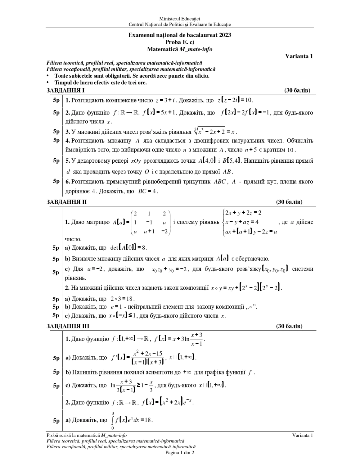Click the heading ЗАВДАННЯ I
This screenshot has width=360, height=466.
coord(65,90)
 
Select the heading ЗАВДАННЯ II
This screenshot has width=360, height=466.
coord(67,202)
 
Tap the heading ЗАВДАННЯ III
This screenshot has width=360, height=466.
coord(68,326)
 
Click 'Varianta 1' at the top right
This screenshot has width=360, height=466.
coord(299,56)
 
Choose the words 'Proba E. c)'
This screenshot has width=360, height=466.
coord(180,42)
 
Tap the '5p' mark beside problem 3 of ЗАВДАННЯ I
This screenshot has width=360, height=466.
coord(56,131)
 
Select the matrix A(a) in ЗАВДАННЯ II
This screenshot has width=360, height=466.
coord(142,222)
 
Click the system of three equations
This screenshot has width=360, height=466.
coord(250,222)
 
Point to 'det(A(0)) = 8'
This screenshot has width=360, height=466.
coord(128,248)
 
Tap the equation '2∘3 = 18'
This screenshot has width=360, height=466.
coord(122,299)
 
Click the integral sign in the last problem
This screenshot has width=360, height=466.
coord(113,420)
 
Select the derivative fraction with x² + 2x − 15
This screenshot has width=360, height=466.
coord(147,358)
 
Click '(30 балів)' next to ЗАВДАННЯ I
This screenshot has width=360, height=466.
coord(297,90)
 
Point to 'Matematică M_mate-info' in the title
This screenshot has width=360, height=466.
coord(180,49)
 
